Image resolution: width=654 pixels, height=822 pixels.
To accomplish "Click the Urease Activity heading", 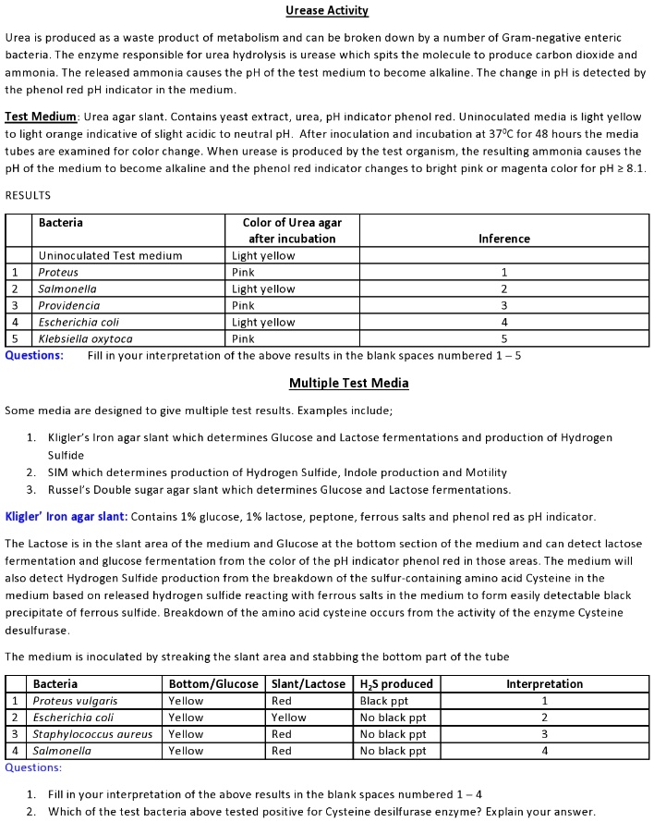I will (x=327, y=11).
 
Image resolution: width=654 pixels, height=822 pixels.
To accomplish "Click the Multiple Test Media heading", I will (x=348, y=383).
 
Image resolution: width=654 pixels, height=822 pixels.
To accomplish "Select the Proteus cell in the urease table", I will (x=58, y=273).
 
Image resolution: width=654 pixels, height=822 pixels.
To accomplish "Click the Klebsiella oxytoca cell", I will (x=85, y=339).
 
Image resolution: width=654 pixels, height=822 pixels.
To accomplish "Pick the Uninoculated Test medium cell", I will (x=110, y=256).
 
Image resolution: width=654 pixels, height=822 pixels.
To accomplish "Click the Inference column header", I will (x=503, y=239).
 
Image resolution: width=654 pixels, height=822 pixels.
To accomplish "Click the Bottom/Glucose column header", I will (x=211, y=684).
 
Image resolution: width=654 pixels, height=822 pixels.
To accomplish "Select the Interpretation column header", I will (x=544, y=684).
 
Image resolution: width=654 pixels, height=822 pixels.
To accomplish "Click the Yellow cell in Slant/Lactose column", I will (x=288, y=718).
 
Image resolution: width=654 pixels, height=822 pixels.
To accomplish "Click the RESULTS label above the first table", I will (x=28, y=195).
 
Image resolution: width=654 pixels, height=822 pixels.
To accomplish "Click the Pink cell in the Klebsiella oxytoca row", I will (x=244, y=339).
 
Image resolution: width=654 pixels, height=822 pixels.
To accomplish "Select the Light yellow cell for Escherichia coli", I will (x=263, y=323).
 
